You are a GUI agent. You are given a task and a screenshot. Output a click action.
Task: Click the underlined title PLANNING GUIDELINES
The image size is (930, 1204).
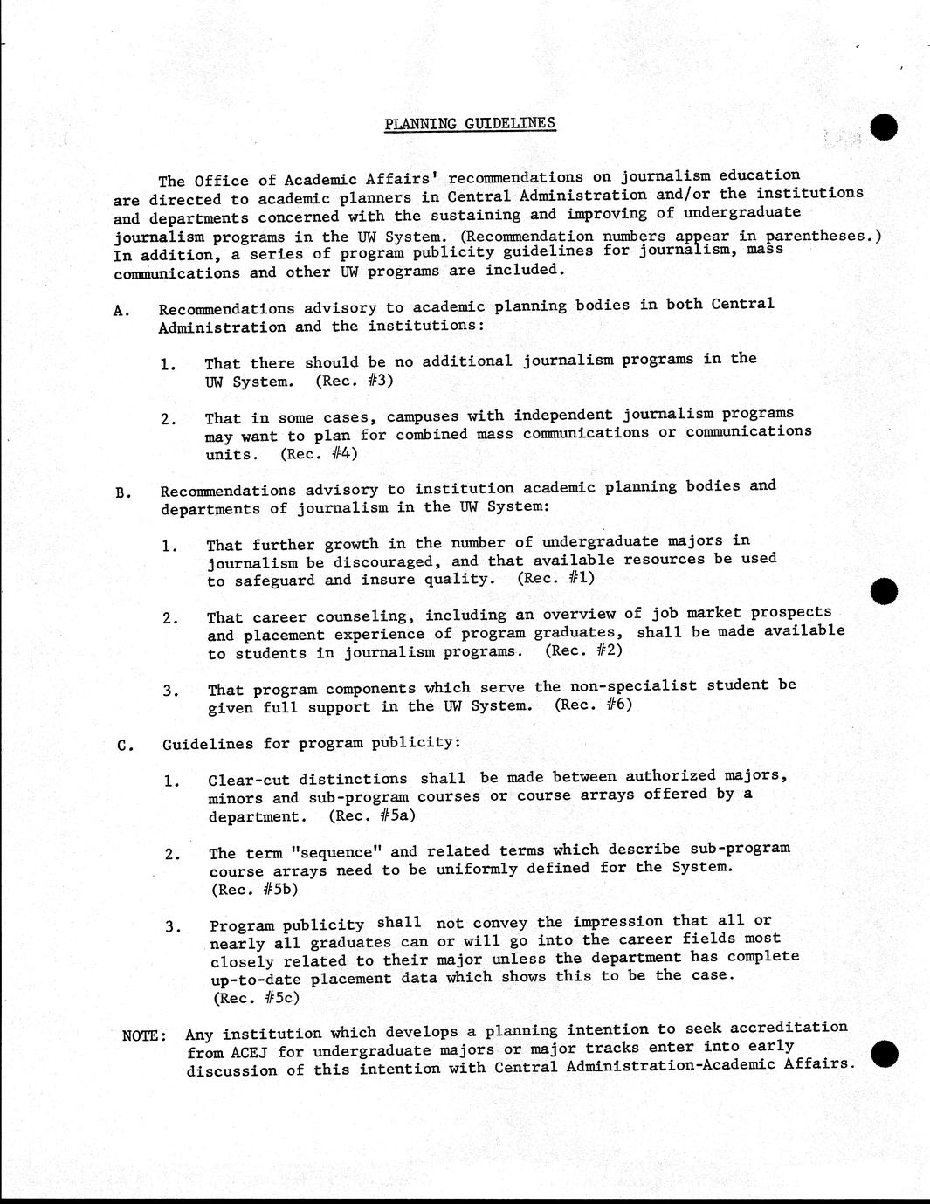(470, 123)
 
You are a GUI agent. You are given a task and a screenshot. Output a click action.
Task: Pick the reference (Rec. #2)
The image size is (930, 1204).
(584, 650)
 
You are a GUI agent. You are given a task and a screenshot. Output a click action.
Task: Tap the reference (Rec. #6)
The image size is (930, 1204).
(593, 705)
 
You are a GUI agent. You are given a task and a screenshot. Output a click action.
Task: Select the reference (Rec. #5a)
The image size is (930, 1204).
(372, 815)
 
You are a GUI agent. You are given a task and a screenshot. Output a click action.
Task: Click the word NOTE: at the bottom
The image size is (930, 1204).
(144, 1035)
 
